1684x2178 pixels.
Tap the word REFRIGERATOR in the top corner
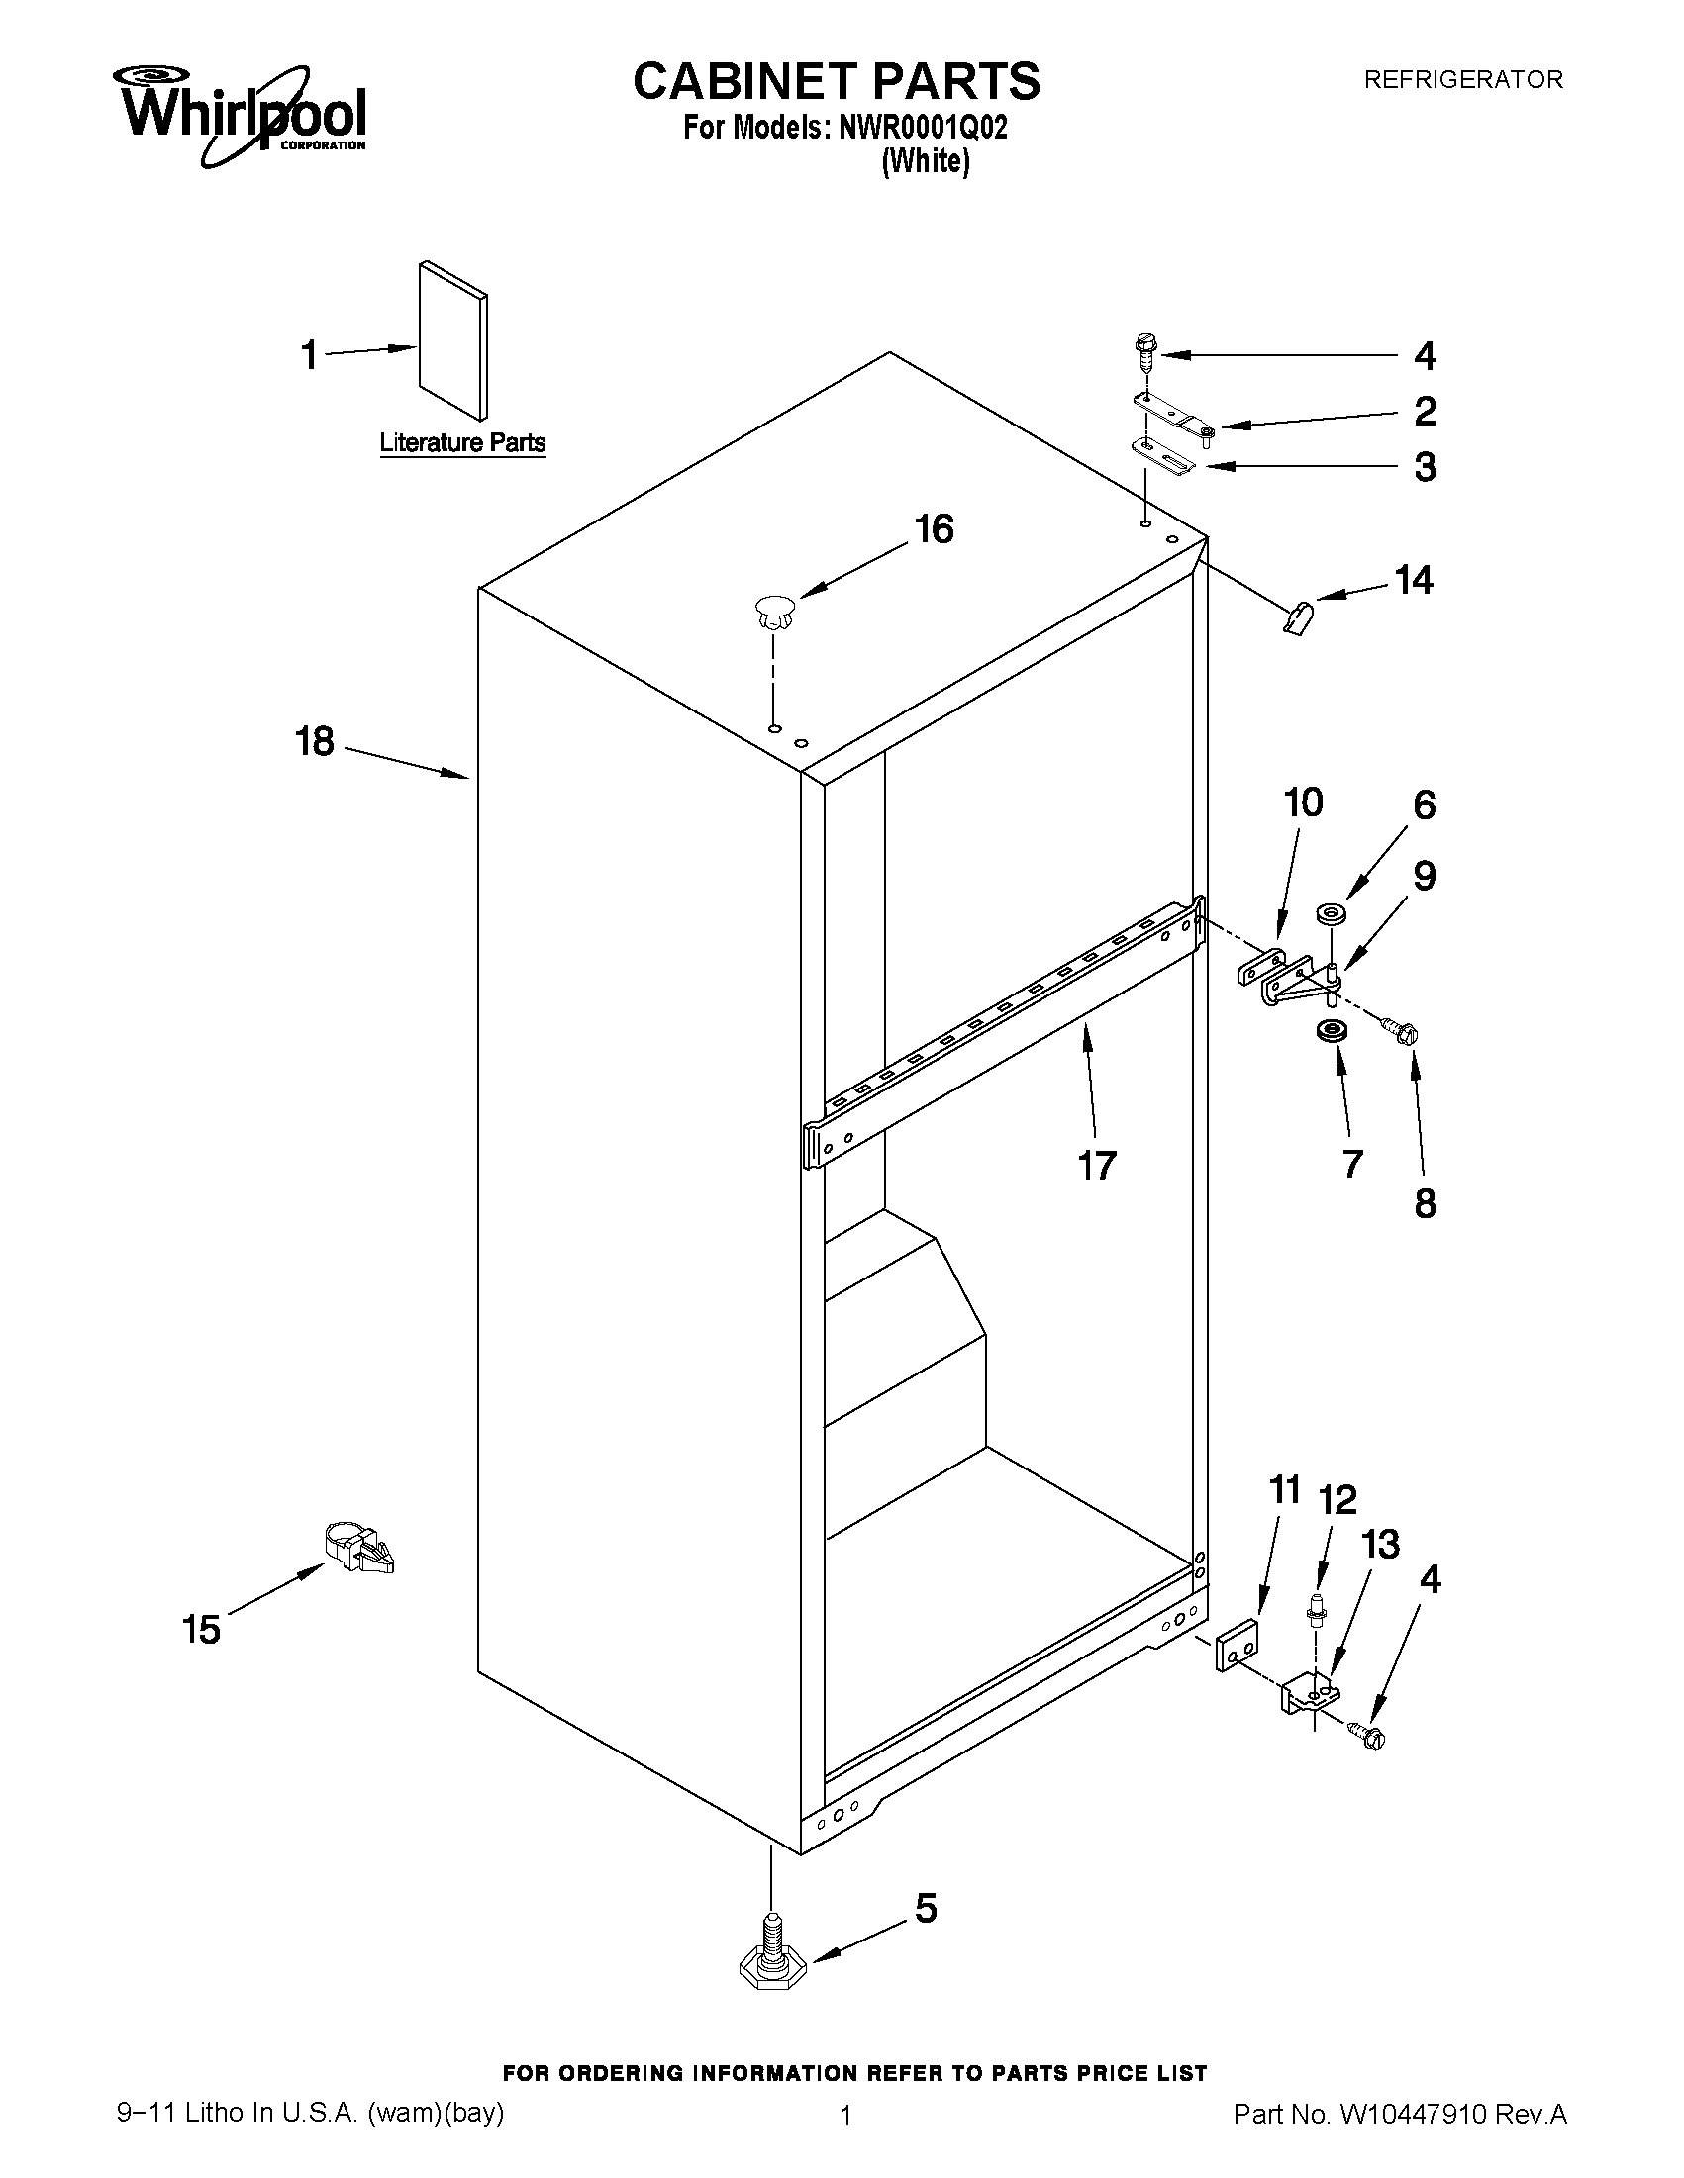pyautogui.click(x=1462, y=80)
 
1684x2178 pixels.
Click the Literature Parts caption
pyautogui.click(x=463, y=442)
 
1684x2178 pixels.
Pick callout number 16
pyautogui.click(x=934, y=529)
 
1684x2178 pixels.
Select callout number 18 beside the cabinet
pyautogui.click(x=315, y=742)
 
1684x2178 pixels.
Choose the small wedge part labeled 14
pyautogui.click(x=1298, y=617)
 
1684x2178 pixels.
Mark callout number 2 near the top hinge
pyautogui.click(x=1425, y=410)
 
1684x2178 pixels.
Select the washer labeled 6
pyautogui.click(x=1329, y=911)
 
